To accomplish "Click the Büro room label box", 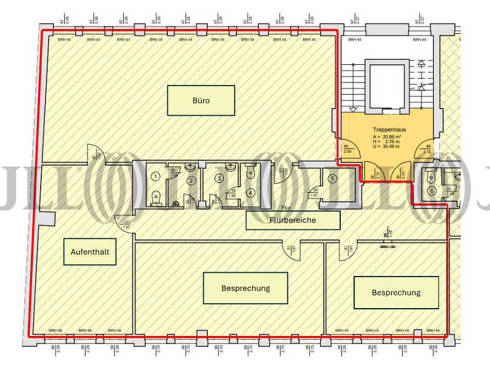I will (x=201, y=101).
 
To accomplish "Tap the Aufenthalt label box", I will (x=90, y=252).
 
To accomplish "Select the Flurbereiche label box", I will (x=293, y=221).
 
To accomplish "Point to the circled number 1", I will (x=156, y=176).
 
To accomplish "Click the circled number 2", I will (x=190, y=180).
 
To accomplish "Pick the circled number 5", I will (x=332, y=178).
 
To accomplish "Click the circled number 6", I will (x=432, y=191).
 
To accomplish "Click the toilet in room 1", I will (x=156, y=195).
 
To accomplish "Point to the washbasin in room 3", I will (x=230, y=166).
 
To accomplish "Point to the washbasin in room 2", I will (x=190, y=166).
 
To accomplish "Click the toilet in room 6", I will (x=431, y=177).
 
